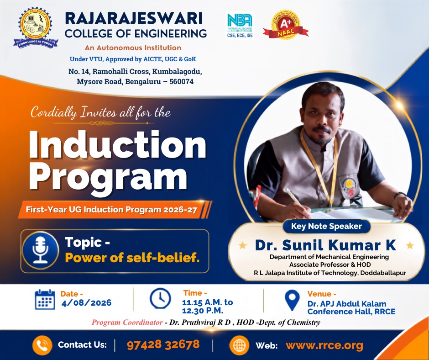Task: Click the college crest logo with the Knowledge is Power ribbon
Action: pos(36,28)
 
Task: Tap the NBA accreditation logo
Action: pos(240,26)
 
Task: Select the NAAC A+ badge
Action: pos(286,25)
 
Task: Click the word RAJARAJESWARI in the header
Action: pos(134,18)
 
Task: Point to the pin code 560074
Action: pos(181,82)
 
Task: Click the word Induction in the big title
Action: pos(117,144)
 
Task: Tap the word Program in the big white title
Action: pos(108,177)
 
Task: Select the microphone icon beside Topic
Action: pos(41,251)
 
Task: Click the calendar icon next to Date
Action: pos(45,299)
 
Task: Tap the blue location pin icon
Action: pos(292,300)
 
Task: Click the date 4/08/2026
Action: pos(86,303)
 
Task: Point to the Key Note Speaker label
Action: pos(326,226)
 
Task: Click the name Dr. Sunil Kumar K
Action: pos(325,245)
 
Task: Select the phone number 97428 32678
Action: pos(163,344)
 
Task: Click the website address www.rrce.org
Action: pos(324,345)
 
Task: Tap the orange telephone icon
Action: pos(42,345)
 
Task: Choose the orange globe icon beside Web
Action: pos(239,345)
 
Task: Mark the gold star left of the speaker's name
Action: pos(243,245)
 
